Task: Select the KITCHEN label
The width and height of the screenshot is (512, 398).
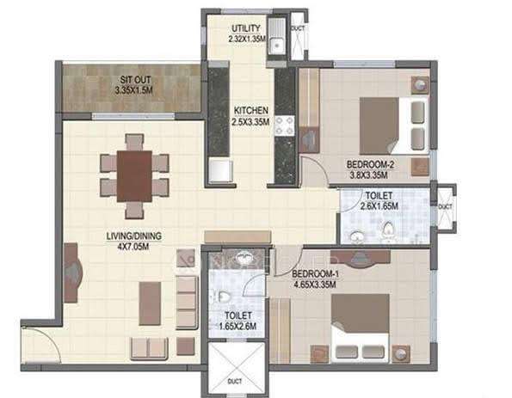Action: (251, 110)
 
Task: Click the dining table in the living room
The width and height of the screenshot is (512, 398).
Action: (134, 175)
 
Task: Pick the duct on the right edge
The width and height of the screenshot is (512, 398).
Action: (445, 206)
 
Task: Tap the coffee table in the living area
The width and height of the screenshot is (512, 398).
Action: (150, 303)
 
